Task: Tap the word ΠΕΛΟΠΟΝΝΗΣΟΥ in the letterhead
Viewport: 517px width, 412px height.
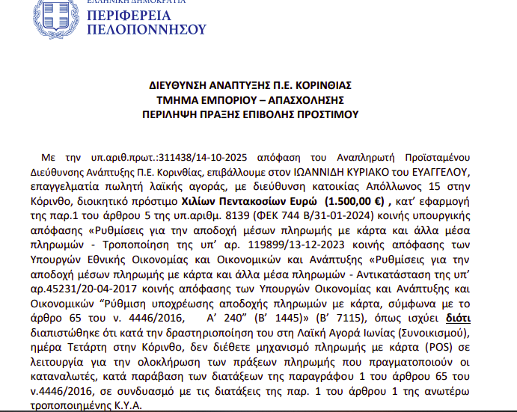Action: (146, 29)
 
